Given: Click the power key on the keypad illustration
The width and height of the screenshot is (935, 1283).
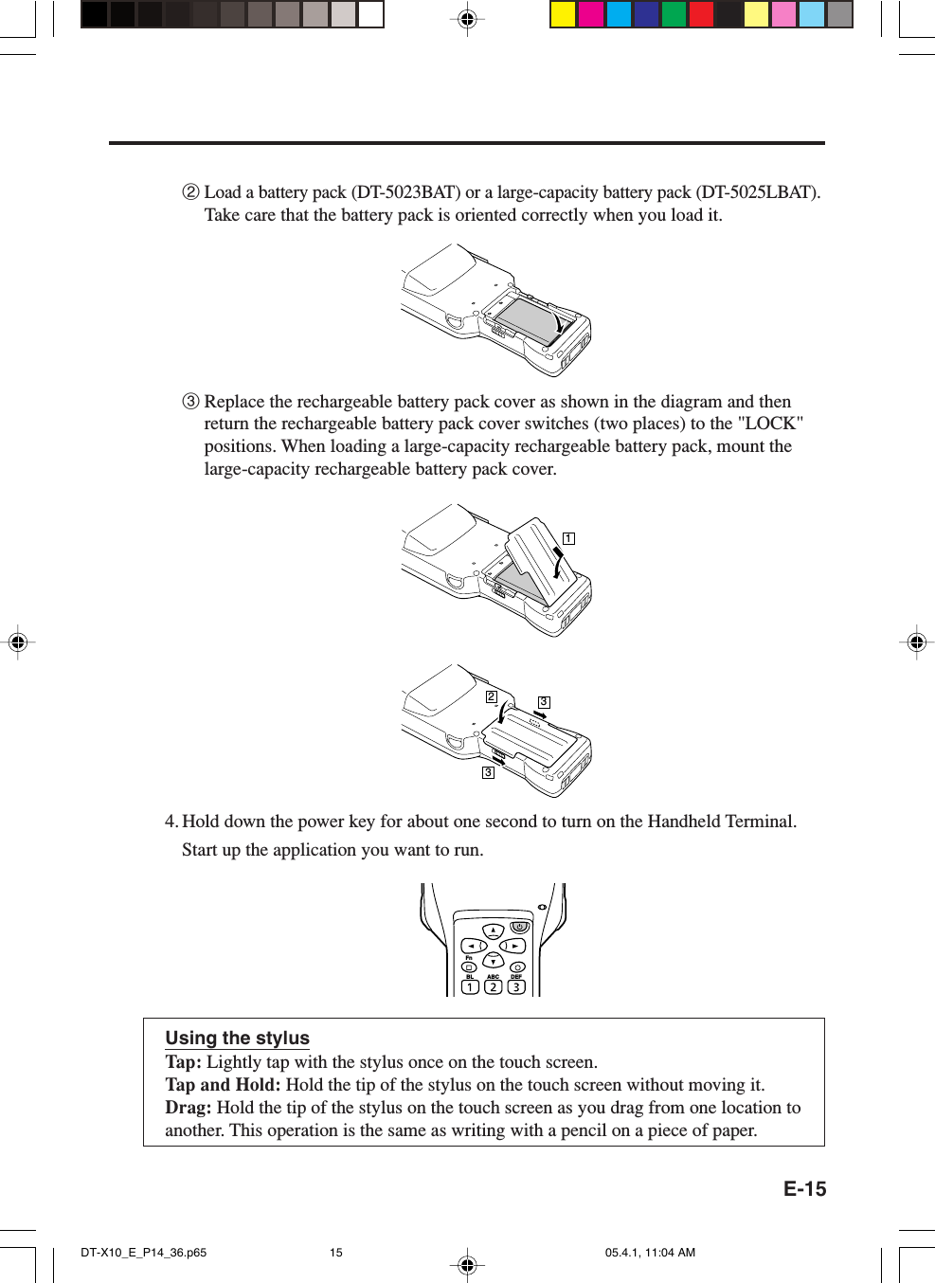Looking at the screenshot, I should [x=519, y=927].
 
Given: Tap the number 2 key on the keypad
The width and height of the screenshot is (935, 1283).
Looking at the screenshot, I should [x=493, y=986].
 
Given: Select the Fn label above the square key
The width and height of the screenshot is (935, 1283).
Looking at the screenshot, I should [x=469, y=958].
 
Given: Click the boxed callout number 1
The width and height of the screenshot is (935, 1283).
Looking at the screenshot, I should [x=568, y=538].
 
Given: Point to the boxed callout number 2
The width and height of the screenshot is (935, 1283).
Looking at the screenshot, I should [x=491, y=696].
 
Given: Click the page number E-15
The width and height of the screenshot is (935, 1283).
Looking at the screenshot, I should [x=804, y=1189].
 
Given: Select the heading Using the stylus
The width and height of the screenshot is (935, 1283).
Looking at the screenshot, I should [x=237, y=1039].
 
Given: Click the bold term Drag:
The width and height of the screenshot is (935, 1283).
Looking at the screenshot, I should [x=188, y=1108].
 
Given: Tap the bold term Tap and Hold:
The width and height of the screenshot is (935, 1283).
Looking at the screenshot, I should [x=223, y=1085].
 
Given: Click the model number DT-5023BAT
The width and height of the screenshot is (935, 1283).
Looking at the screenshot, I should [x=405, y=192].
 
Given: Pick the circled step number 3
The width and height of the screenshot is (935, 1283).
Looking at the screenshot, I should [x=190, y=402].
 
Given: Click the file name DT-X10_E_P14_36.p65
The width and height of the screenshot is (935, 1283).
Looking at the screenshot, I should [x=143, y=1253].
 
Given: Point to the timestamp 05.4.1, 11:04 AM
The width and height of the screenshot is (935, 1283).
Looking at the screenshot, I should [x=650, y=1253].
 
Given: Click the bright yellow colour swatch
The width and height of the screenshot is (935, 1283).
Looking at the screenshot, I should [x=564, y=14].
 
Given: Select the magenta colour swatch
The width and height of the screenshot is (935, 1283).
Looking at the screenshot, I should [x=591, y=14].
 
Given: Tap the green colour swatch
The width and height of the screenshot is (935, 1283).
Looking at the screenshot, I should [x=674, y=14].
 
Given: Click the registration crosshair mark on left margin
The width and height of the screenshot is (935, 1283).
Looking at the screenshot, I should [x=17, y=642].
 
